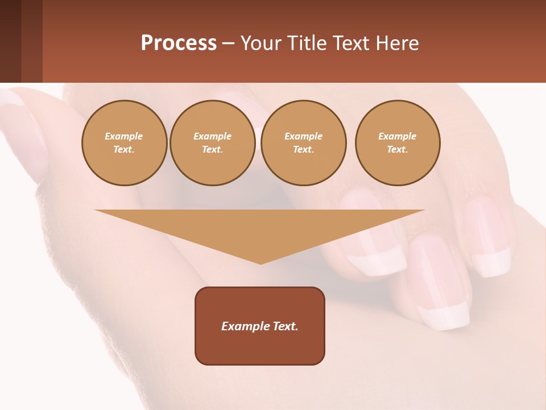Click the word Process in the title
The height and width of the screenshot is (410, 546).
[179, 43]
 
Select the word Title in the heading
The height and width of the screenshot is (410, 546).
[305, 43]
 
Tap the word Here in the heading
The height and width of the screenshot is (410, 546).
[396, 43]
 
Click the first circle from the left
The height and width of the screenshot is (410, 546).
[125, 143]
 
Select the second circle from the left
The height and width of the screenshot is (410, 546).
[213, 143]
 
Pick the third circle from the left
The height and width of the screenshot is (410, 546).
[304, 143]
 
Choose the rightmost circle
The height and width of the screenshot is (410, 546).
[398, 143]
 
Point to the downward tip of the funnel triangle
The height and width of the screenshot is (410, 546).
[260, 263]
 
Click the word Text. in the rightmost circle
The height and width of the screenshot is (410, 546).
[398, 150]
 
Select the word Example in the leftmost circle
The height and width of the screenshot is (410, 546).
[124, 136]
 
